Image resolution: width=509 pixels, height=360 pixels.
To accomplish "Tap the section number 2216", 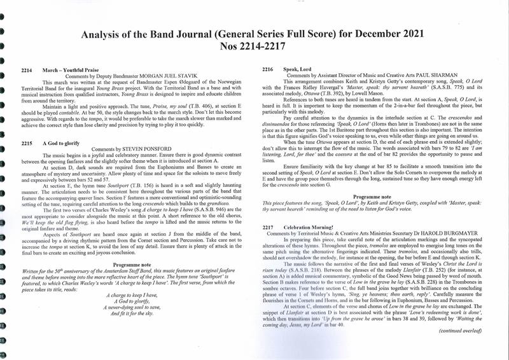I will [268, 69].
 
